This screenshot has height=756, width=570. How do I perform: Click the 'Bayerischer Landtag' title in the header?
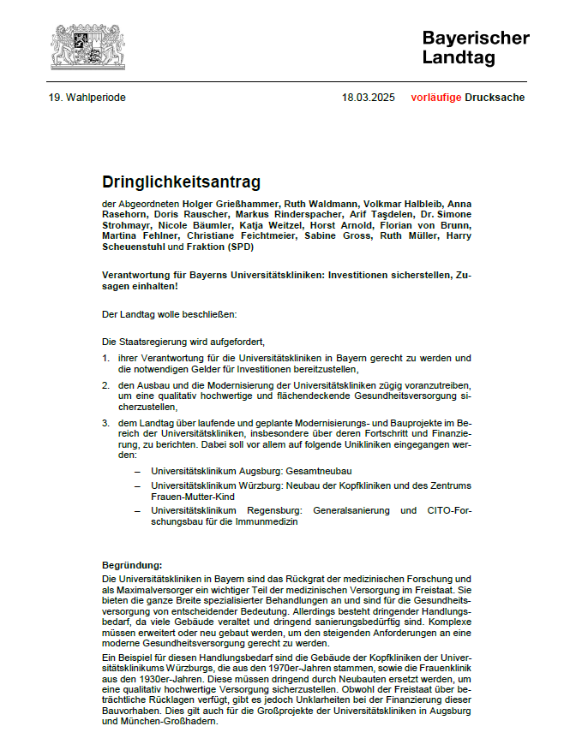coord(475,48)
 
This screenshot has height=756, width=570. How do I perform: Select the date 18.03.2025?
coord(369,98)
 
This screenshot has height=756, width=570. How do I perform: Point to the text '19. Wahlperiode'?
coord(87,98)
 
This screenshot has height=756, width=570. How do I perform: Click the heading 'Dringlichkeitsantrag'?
coord(181,182)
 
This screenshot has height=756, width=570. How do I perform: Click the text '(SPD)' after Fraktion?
coord(240,247)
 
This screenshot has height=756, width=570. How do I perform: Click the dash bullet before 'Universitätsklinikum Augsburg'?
coord(135,471)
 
